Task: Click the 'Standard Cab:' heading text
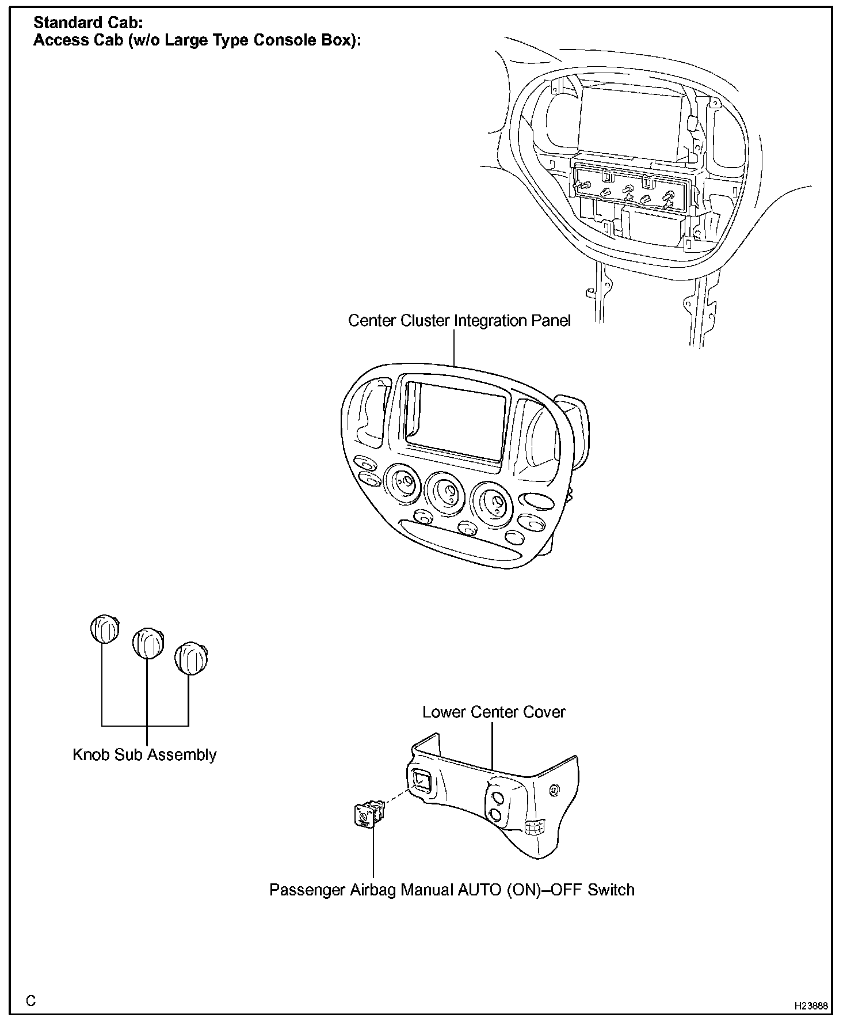(x=88, y=23)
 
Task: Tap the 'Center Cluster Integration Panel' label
(x=459, y=321)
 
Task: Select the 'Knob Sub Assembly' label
(x=144, y=755)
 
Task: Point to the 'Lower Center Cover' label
(x=494, y=712)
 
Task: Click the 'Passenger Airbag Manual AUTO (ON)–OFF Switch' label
(x=452, y=890)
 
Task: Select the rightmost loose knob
(x=191, y=658)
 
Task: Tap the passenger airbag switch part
(x=367, y=815)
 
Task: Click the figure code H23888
(x=811, y=1006)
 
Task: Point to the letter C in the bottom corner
(x=31, y=1000)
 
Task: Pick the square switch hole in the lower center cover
(x=421, y=781)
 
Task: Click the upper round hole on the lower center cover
(x=498, y=798)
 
